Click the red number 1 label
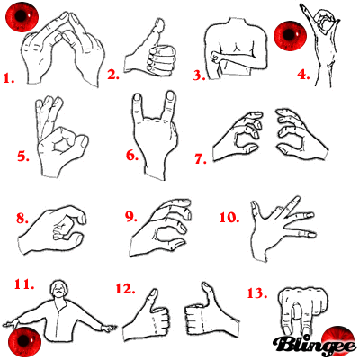pos(10,78)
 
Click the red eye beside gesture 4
pos(290,36)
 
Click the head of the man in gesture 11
pos(58,292)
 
